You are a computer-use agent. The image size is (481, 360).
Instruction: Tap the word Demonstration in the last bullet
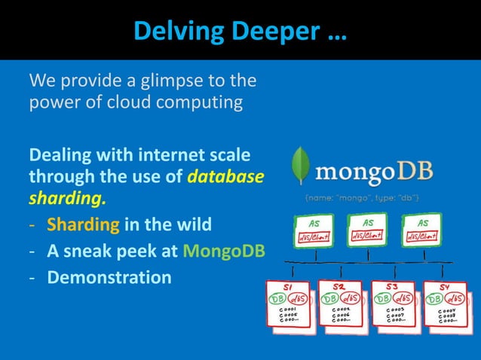(x=109, y=277)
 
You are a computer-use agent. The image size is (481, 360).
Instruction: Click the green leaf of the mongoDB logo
(x=302, y=169)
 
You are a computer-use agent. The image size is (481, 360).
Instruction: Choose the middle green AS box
(x=368, y=228)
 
